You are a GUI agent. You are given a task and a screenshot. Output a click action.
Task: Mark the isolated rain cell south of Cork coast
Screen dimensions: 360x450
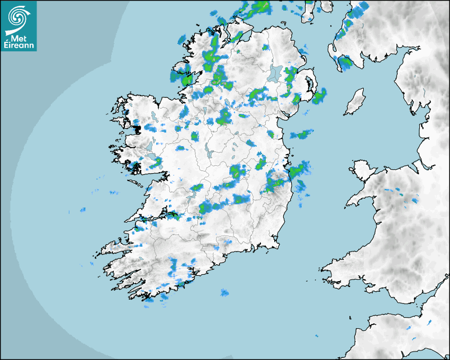(x=224, y=292)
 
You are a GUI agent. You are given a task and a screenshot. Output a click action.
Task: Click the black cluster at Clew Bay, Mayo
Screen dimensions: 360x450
(x=137, y=128)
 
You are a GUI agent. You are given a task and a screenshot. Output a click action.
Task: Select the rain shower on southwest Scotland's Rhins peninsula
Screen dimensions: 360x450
(x=345, y=63)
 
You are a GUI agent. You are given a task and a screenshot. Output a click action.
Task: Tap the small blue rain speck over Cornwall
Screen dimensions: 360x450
(x=409, y=329)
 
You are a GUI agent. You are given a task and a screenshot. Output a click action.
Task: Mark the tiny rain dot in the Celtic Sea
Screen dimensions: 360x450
(x=317, y=336)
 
